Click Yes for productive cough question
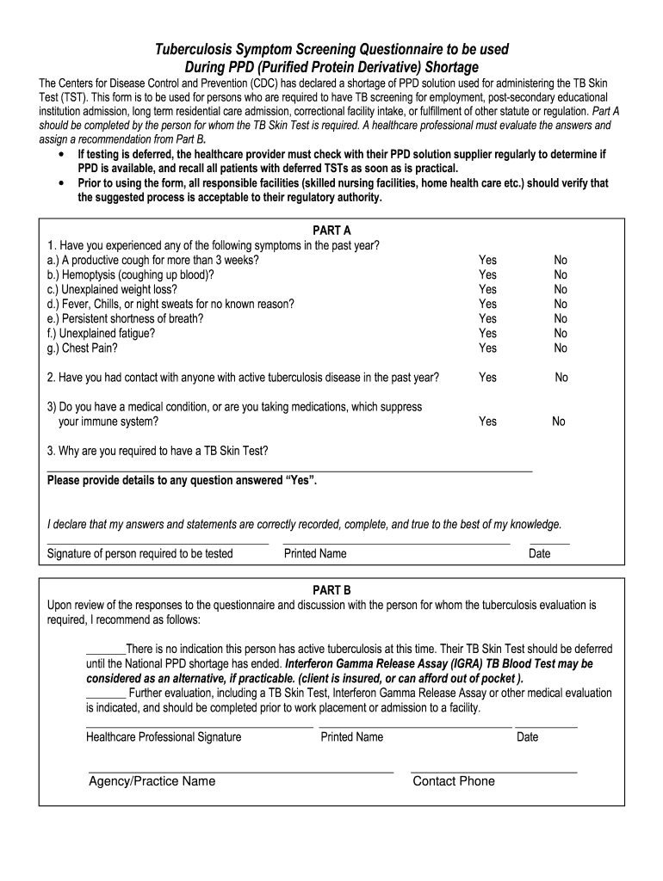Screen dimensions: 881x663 (487, 260)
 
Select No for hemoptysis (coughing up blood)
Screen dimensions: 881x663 (561, 274)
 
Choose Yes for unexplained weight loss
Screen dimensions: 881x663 (487, 289)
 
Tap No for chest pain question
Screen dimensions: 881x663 (561, 348)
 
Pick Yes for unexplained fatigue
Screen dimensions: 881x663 (487, 333)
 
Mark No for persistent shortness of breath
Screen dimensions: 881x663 (561, 318)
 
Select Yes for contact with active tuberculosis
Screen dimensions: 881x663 (487, 377)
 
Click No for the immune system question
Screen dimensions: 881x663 (559, 421)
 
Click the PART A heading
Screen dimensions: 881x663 (331, 231)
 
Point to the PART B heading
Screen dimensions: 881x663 (331, 590)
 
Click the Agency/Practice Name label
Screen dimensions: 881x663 (152, 781)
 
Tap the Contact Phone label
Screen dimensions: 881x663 (454, 781)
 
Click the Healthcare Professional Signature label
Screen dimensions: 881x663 (164, 736)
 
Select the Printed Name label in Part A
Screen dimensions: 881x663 (315, 553)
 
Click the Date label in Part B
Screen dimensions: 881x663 (527, 736)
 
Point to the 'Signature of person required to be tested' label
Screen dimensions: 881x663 (139, 553)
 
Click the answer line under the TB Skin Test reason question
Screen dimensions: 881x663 (289, 470)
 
